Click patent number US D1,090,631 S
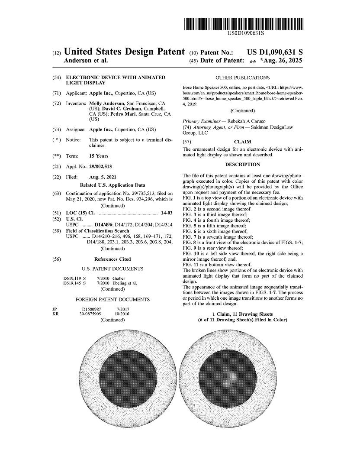[x=275, y=52]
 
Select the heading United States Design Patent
[x=124, y=52]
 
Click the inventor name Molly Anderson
[x=106, y=104]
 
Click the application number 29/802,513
[x=100, y=166]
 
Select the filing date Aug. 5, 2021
[x=103, y=177]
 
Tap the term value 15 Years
[x=99, y=156]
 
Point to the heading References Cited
[x=112, y=259]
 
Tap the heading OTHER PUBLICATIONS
[x=242, y=78]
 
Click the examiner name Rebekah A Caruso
[x=250, y=121]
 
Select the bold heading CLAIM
[x=242, y=142]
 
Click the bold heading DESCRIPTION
[x=242, y=165]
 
